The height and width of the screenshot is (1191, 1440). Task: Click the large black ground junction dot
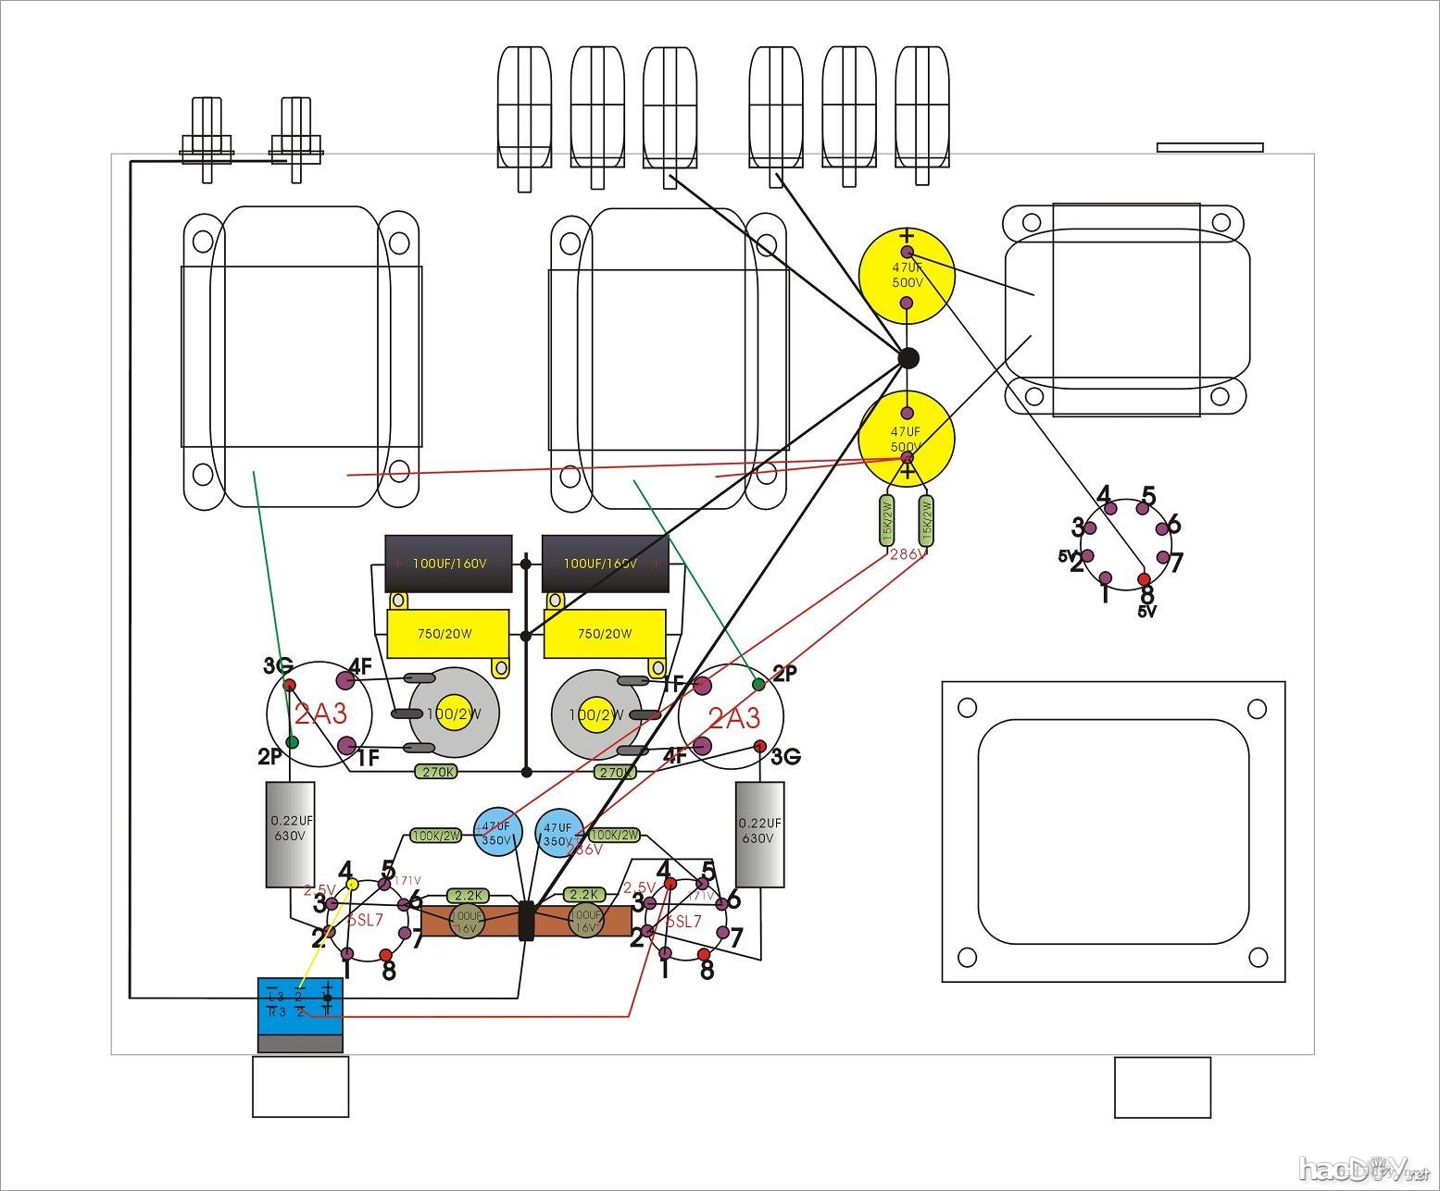(908, 358)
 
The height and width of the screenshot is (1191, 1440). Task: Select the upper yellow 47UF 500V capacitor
(906, 277)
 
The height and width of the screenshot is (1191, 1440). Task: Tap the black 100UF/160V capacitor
(448, 563)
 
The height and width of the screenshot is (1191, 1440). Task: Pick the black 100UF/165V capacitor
(605, 563)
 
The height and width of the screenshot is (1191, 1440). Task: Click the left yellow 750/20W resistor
(446, 634)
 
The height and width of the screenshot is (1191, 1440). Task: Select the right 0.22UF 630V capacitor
(759, 833)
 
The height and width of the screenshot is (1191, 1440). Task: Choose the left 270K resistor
(436, 772)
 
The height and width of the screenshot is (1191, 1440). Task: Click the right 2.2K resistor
(584, 895)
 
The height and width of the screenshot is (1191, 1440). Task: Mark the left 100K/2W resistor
(435, 836)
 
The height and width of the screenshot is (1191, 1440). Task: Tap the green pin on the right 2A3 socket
(758, 684)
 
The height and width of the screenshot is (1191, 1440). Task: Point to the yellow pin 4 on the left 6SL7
(352, 885)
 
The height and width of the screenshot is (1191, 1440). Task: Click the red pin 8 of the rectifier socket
(1143, 579)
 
